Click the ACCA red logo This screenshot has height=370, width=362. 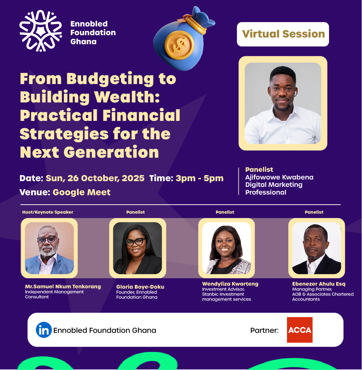[x=300, y=330]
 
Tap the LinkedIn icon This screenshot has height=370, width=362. [x=44, y=330]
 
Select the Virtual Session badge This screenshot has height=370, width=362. [x=283, y=34]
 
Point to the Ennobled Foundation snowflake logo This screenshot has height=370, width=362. [x=41, y=31]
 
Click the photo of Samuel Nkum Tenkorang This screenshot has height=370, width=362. [x=50, y=248]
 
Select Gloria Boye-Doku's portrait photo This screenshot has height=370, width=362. [x=138, y=248]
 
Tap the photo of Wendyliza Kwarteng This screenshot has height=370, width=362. [x=226, y=248]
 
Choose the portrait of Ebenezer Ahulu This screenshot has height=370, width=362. [x=316, y=248]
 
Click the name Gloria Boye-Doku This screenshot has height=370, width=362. [x=140, y=287]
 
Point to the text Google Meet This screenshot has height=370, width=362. [x=82, y=192]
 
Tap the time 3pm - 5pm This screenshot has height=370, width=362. [x=200, y=178]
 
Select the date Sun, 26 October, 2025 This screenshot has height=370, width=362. [x=95, y=178]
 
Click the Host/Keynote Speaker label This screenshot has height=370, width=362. [x=48, y=212]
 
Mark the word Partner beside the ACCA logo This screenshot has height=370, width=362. [x=264, y=330]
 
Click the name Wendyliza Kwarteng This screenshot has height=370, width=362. [x=230, y=284]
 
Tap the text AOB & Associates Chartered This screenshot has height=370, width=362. [x=323, y=294]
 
